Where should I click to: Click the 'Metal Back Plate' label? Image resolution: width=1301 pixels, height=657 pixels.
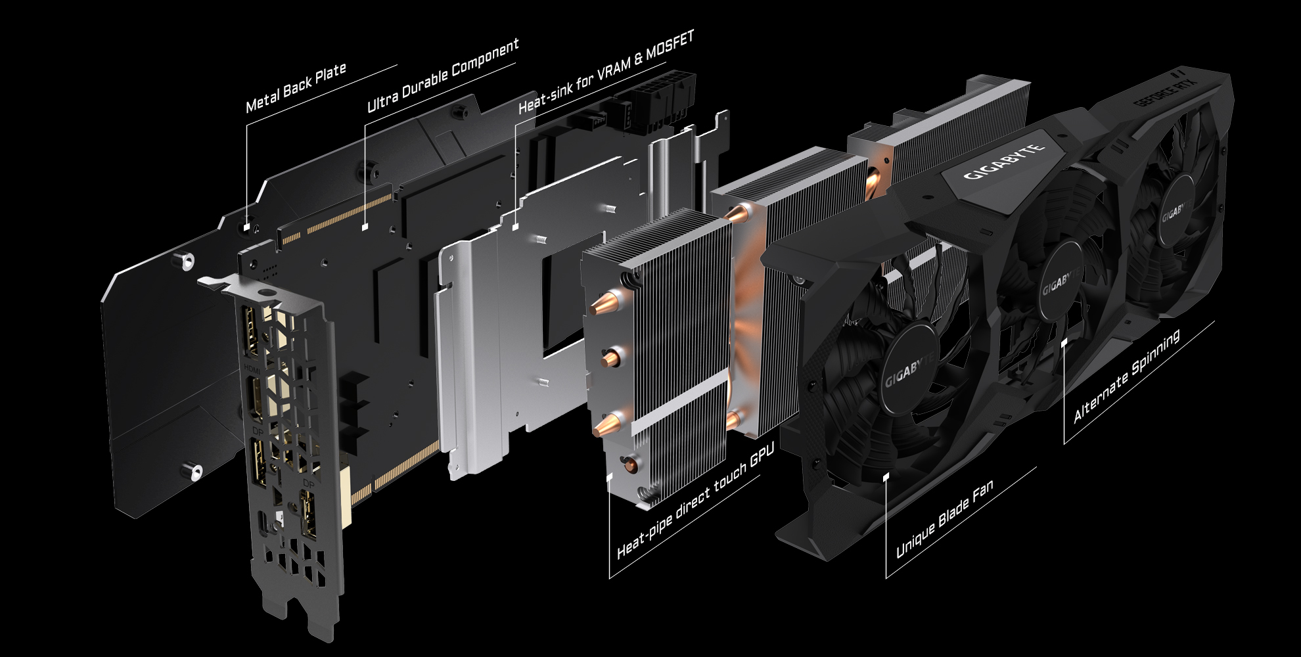click(296, 88)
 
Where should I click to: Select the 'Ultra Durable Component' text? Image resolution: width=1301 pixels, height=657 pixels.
click(443, 74)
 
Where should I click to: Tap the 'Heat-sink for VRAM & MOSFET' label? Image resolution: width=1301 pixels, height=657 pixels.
click(606, 72)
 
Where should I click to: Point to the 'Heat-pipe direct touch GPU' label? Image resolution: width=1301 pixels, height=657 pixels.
click(696, 500)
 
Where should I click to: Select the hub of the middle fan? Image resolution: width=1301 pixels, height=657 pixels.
click(1062, 284)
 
